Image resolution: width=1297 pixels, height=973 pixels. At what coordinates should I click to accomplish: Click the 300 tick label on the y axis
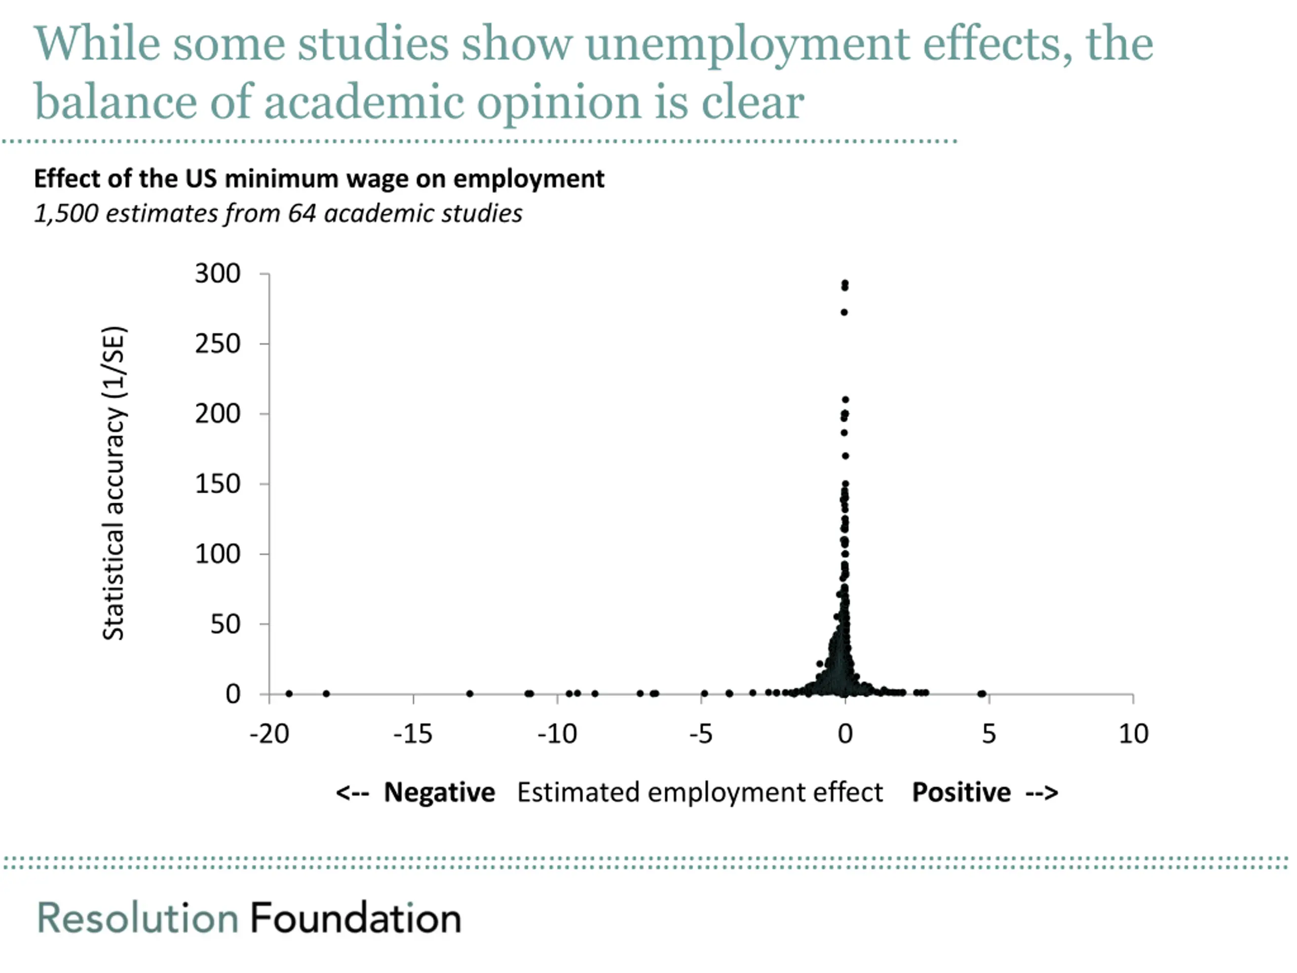pyautogui.click(x=217, y=274)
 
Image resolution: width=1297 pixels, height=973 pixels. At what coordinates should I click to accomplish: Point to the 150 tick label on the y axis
pyautogui.click(x=217, y=484)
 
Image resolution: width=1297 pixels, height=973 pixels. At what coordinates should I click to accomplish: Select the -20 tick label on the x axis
pyautogui.click(x=269, y=734)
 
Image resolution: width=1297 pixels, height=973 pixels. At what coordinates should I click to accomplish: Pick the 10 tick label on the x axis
pyautogui.click(x=1133, y=734)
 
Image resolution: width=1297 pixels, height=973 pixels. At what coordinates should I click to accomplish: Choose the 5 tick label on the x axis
pyautogui.click(x=989, y=734)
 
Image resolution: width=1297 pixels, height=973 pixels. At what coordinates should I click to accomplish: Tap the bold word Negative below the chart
pyautogui.click(x=439, y=793)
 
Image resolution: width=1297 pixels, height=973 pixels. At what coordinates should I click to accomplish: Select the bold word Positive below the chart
pyautogui.click(x=961, y=793)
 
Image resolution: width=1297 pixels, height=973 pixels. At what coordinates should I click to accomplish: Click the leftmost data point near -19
pyautogui.click(x=289, y=694)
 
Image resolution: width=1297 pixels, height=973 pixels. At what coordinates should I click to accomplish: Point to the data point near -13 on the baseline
pyautogui.click(x=470, y=694)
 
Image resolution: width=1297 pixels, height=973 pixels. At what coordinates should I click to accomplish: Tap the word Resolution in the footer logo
pyautogui.click(x=138, y=918)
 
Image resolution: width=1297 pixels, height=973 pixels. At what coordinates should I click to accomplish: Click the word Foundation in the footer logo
pyautogui.click(x=356, y=918)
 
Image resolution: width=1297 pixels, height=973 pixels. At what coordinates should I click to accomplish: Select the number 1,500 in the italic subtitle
pyautogui.click(x=66, y=214)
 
